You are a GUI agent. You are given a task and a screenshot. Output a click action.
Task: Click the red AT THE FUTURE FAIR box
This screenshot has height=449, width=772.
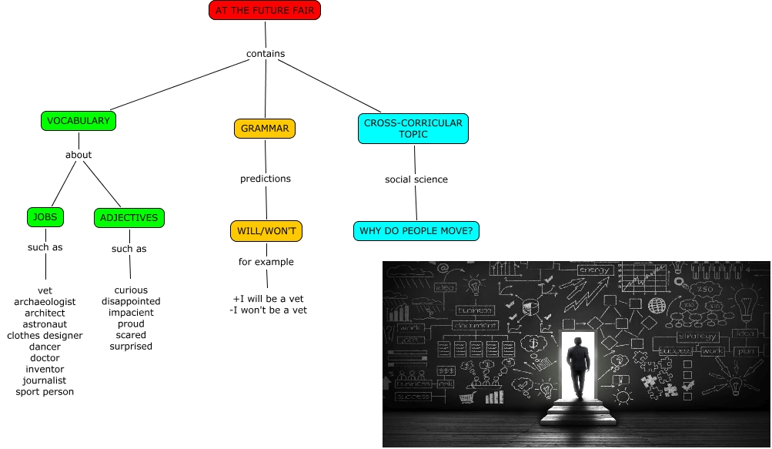(264, 10)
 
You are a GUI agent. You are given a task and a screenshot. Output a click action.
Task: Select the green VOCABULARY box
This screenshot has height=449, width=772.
(79, 121)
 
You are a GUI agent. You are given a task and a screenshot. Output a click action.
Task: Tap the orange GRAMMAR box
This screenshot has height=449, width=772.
(264, 129)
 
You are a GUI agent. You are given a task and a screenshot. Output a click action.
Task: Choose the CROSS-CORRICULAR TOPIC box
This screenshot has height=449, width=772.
(413, 129)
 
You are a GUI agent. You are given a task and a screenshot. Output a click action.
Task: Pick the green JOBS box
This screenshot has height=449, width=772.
(45, 218)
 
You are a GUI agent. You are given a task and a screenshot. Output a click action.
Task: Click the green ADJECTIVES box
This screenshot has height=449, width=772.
(129, 218)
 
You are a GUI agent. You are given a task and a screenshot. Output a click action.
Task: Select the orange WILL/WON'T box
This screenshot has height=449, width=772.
(266, 230)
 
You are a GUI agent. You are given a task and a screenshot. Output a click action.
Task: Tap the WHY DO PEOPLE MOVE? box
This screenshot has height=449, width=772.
(416, 230)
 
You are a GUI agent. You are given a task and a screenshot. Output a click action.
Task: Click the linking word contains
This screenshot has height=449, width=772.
(266, 54)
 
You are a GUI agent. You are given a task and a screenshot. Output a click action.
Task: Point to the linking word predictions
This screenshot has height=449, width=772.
(266, 179)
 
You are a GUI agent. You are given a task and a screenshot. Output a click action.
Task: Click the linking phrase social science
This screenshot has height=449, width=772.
(416, 179)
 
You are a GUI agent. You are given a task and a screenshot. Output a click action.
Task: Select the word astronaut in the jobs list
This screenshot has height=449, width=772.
(45, 324)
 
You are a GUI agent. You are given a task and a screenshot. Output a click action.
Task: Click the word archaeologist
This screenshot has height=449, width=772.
(45, 302)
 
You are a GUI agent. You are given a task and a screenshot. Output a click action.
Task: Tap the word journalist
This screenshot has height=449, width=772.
(45, 380)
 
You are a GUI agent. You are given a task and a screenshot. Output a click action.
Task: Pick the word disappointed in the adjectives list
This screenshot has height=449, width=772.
(131, 302)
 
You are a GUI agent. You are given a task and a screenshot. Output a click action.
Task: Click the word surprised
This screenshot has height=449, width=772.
(131, 347)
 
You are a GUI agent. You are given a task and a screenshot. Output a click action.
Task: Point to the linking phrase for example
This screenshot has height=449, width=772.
(266, 262)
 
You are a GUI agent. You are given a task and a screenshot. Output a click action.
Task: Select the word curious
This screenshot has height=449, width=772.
(131, 290)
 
